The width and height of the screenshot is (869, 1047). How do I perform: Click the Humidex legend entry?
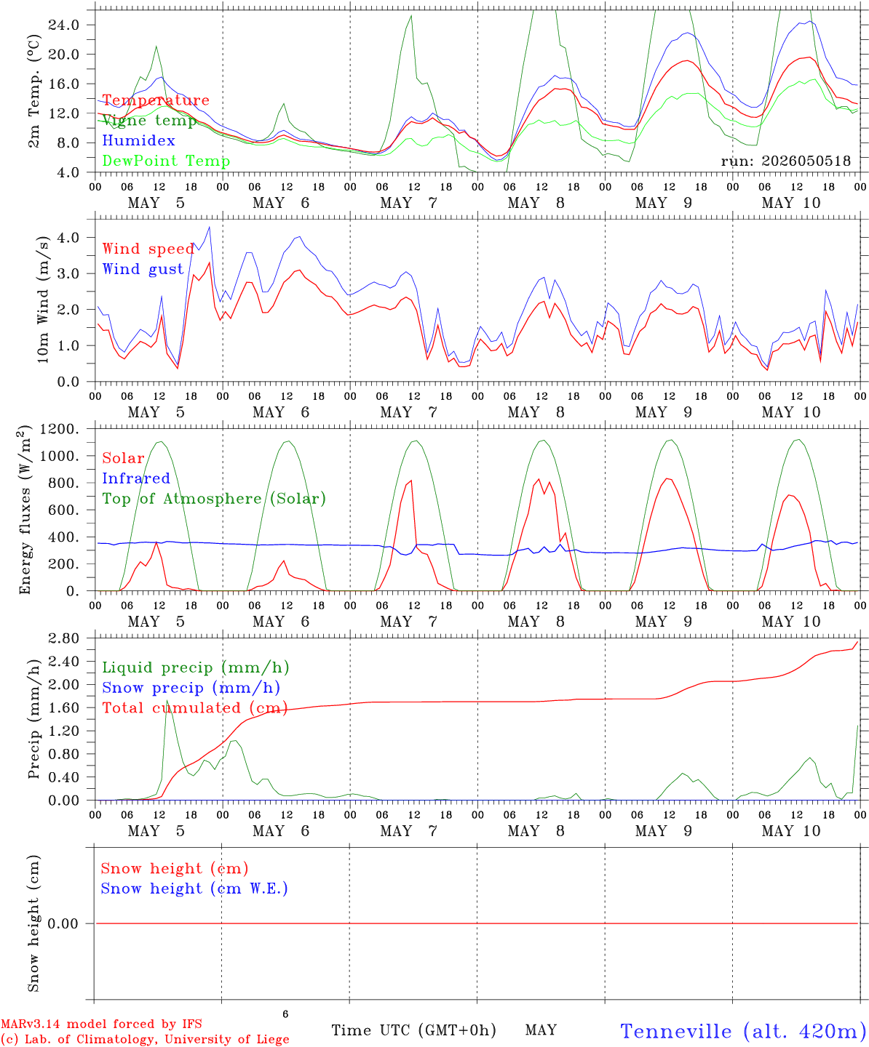pos(138,140)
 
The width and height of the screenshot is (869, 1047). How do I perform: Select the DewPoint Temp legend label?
pos(166,161)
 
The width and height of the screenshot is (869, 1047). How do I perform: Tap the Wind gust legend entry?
pos(143,269)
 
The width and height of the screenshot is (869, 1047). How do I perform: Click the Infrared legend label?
pos(136,478)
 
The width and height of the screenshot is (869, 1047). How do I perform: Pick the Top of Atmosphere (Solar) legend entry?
pos(215,499)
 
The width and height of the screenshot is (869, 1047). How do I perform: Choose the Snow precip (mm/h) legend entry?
pos(191,688)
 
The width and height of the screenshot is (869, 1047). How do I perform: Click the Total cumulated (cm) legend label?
pos(195,707)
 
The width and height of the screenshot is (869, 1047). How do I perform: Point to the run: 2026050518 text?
pos(785,161)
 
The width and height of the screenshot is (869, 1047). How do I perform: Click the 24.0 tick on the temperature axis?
pos(64,25)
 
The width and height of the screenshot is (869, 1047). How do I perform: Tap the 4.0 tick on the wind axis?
pos(68,237)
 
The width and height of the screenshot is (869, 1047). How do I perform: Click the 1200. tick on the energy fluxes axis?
pos(59,429)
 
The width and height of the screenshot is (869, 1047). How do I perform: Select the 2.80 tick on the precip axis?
pos(64,638)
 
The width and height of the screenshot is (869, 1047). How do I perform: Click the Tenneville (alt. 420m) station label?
pos(739,1031)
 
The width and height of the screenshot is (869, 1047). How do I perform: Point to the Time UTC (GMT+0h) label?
pos(413,1030)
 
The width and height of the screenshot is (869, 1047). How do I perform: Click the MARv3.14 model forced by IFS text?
pos(101,1024)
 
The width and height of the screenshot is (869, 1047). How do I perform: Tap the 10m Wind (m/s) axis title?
pos(43,300)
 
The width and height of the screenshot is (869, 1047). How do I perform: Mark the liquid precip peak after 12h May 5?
pos(167,700)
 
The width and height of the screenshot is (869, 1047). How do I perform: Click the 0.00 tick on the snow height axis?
pos(64,923)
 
